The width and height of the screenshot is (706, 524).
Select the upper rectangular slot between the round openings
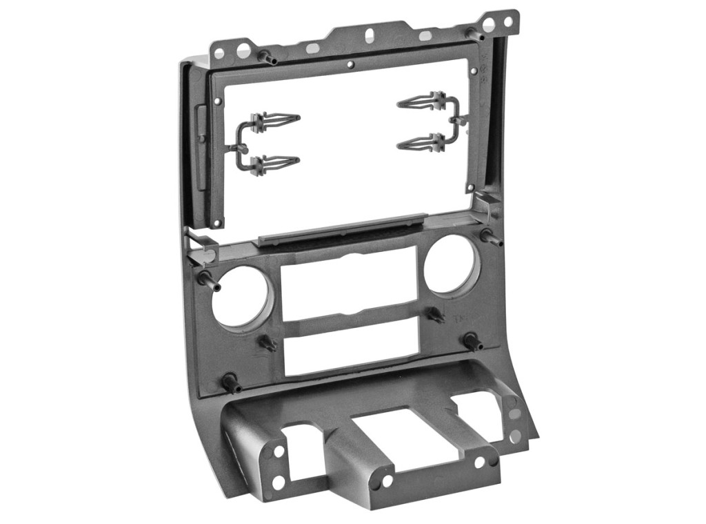coord(350,285)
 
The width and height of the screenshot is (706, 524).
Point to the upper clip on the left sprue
coord(275,120)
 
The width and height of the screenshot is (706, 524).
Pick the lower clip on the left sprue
coord(275,164)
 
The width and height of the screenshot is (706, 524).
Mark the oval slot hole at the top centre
coord(370,34)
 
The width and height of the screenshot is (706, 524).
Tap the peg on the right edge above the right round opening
coord(492,238)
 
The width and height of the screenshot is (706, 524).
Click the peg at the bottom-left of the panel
coord(230,382)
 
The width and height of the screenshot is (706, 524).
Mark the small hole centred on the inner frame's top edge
coord(350,66)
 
